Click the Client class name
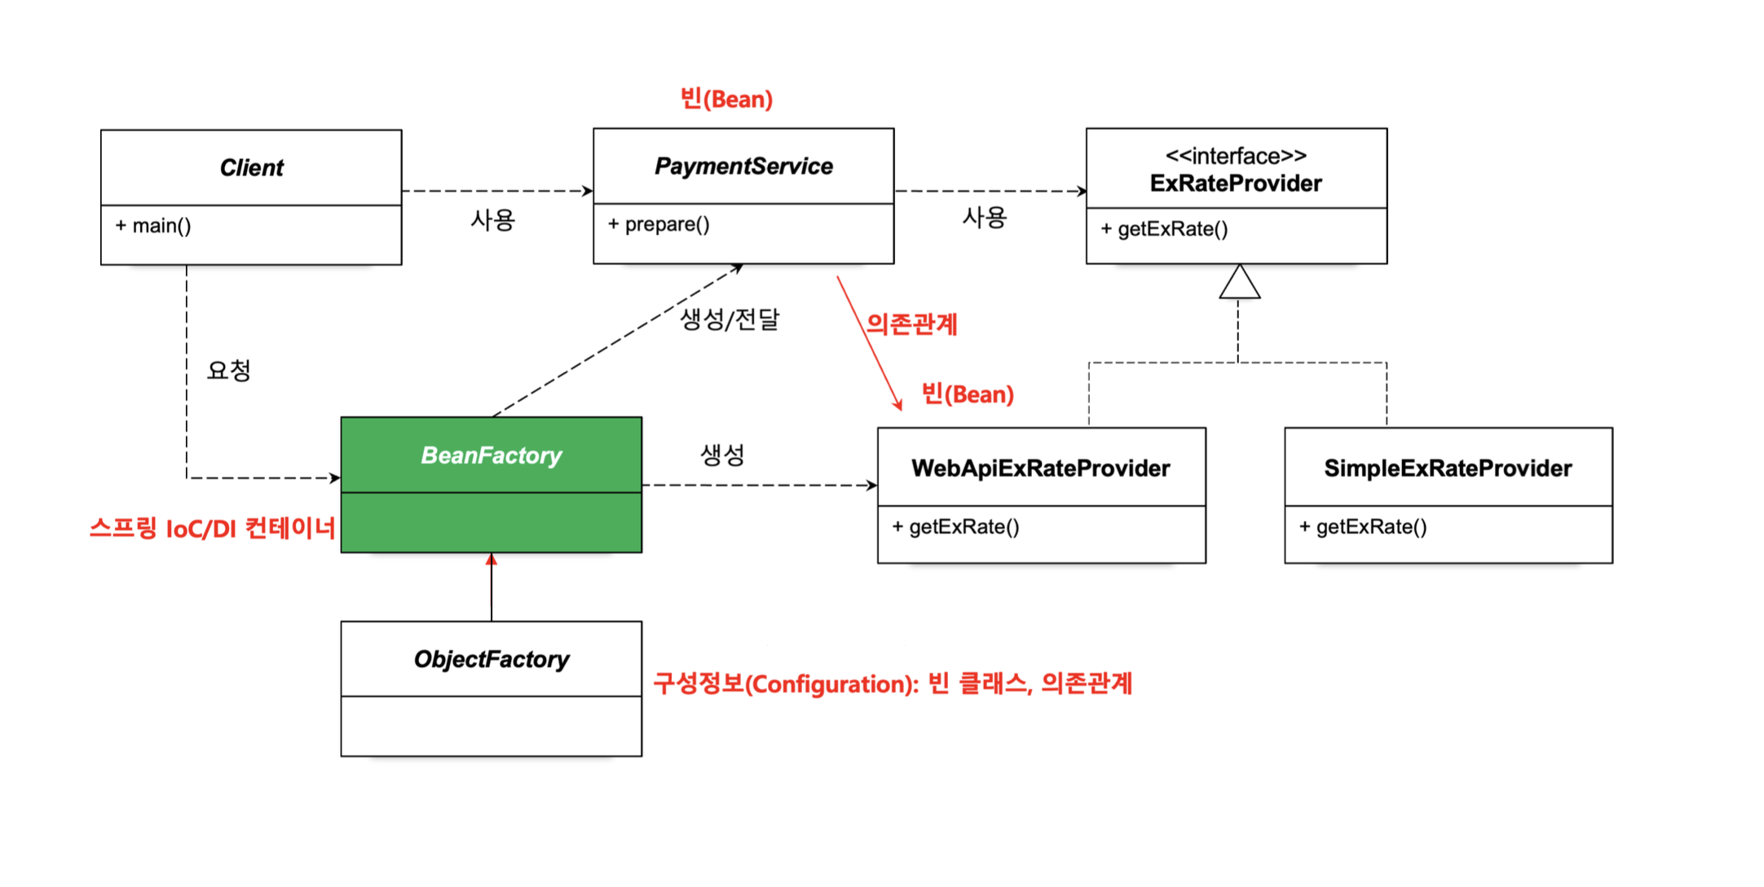[x=251, y=168]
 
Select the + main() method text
[x=153, y=226]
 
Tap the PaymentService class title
[x=743, y=166]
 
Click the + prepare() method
[x=659, y=224]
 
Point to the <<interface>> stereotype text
[x=1236, y=155]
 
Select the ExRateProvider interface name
[x=1236, y=183]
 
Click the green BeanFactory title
[x=491, y=455]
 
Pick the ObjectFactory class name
[x=491, y=659]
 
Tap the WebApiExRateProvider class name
[x=1041, y=468]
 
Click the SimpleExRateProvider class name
[x=1448, y=468]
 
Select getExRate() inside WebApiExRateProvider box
[x=955, y=527]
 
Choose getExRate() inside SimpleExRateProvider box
[x=1363, y=527]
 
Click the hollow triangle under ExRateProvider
[x=1239, y=283]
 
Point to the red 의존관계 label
[x=911, y=324]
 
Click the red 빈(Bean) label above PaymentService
[x=726, y=99]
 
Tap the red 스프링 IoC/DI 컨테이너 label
[x=212, y=529]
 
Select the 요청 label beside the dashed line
[x=229, y=371]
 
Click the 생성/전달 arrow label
[x=730, y=319]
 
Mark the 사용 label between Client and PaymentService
[x=492, y=220]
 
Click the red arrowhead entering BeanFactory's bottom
[x=491, y=559]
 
